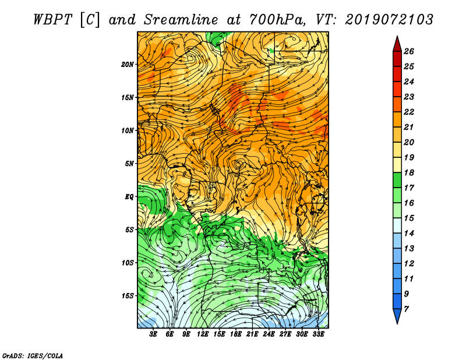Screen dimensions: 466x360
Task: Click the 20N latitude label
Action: point(128,65)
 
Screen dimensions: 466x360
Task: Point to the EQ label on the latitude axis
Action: point(129,197)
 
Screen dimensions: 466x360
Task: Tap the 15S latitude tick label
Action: point(128,296)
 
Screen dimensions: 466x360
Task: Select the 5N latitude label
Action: point(129,164)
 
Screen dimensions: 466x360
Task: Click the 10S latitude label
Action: point(128,263)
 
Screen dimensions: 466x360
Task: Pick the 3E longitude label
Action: point(153,334)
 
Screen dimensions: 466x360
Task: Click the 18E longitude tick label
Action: point(236,334)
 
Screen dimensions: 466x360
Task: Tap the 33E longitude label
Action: point(318,334)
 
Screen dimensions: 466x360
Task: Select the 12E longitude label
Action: point(203,334)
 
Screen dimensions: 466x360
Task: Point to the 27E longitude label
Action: point(285,334)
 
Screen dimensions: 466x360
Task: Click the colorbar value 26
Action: point(409,51)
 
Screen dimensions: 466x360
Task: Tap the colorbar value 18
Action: point(409,172)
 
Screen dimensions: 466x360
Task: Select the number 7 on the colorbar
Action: point(406,309)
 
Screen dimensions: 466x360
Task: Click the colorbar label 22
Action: point(409,112)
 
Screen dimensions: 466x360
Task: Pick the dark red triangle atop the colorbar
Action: point(397,44)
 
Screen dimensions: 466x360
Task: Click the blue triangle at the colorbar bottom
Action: point(397,316)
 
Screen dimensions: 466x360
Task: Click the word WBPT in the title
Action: point(52,20)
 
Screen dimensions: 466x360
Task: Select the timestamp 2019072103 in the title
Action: point(389,20)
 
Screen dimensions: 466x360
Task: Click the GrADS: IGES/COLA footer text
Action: point(33,355)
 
